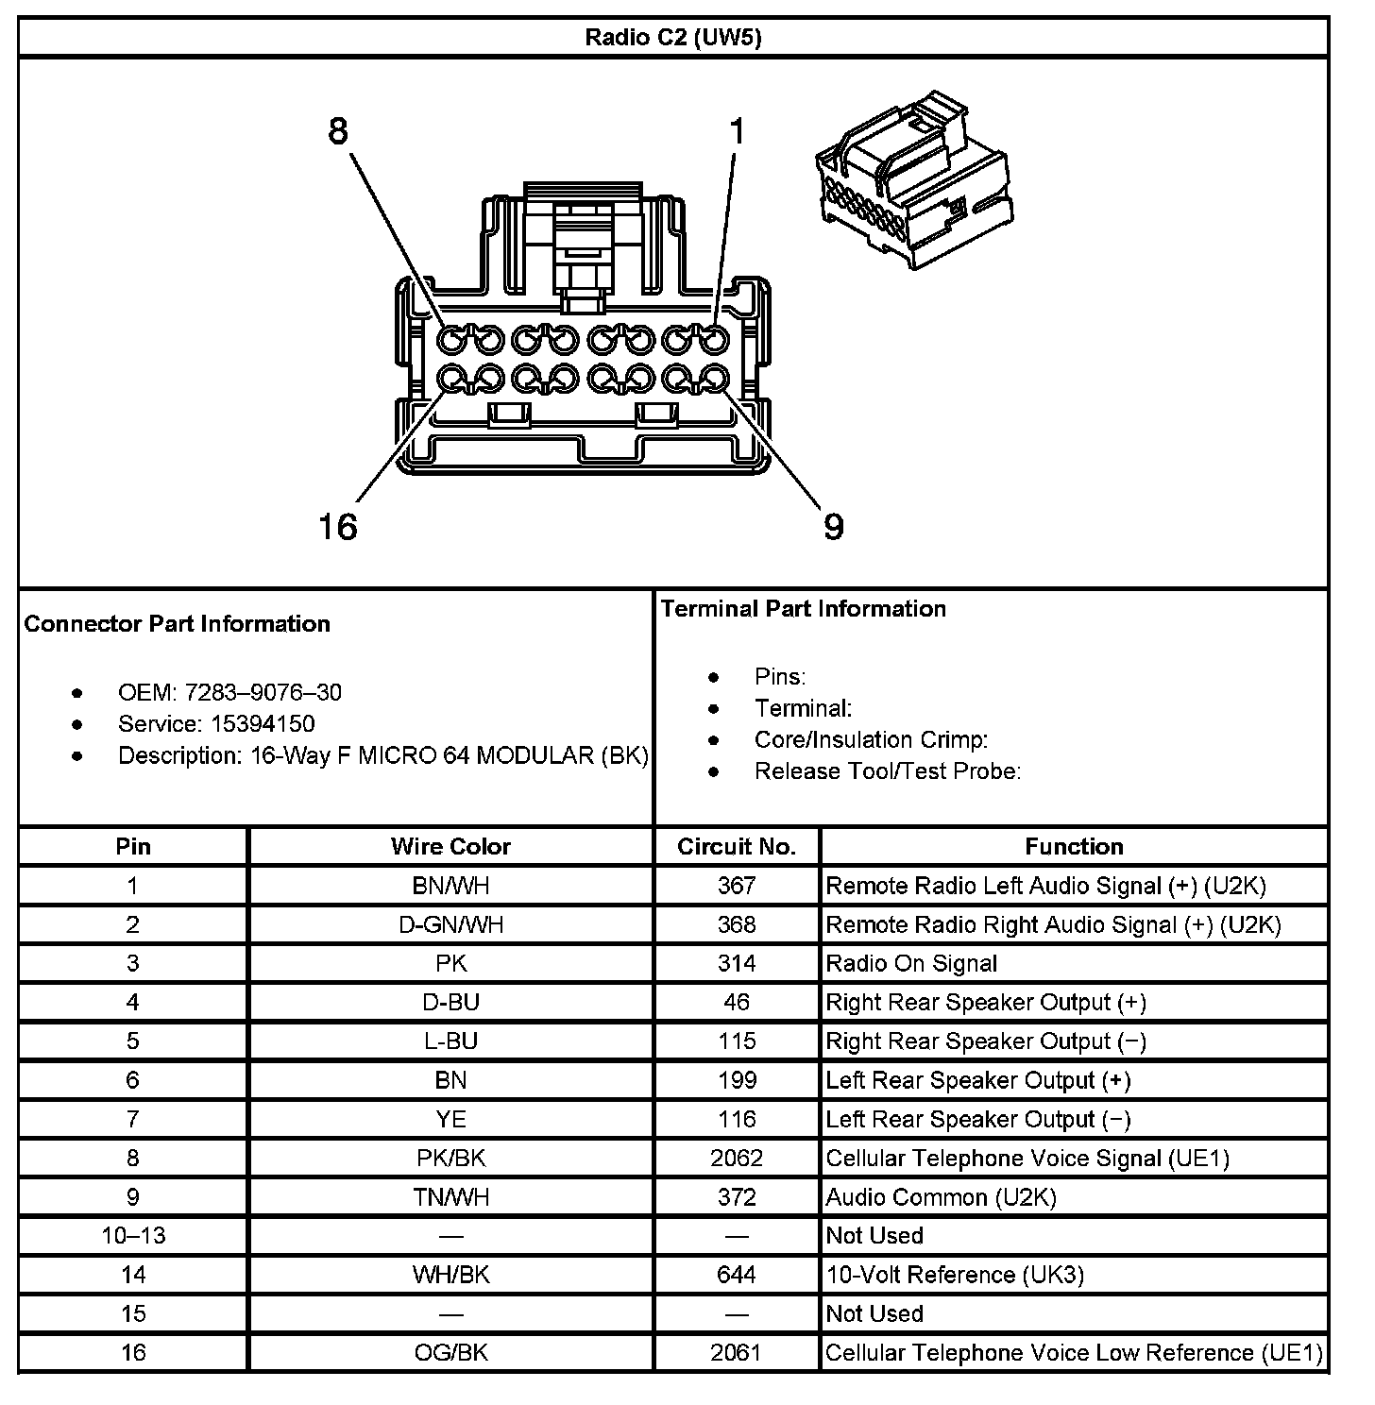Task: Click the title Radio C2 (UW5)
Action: click(x=672, y=38)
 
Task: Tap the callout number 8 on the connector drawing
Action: click(x=338, y=131)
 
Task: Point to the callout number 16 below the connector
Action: click(x=338, y=527)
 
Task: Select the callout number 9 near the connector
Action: click(x=833, y=527)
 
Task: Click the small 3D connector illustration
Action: click(x=914, y=181)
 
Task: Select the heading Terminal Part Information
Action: click(x=804, y=609)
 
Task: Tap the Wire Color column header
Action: click(x=450, y=847)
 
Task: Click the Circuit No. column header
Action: click(x=737, y=847)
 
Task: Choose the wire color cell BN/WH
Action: click(x=450, y=886)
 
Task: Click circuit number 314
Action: click(x=737, y=963)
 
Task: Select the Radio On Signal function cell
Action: click(x=911, y=963)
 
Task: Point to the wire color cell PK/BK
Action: click(x=450, y=1158)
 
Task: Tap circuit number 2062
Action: click(x=737, y=1158)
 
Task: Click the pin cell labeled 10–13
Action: click(x=133, y=1236)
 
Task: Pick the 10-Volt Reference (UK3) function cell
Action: click(x=955, y=1275)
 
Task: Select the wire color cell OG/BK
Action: click(x=450, y=1352)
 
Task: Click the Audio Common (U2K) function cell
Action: click(x=941, y=1197)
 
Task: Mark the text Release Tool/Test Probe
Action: click(x=887, y=771)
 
